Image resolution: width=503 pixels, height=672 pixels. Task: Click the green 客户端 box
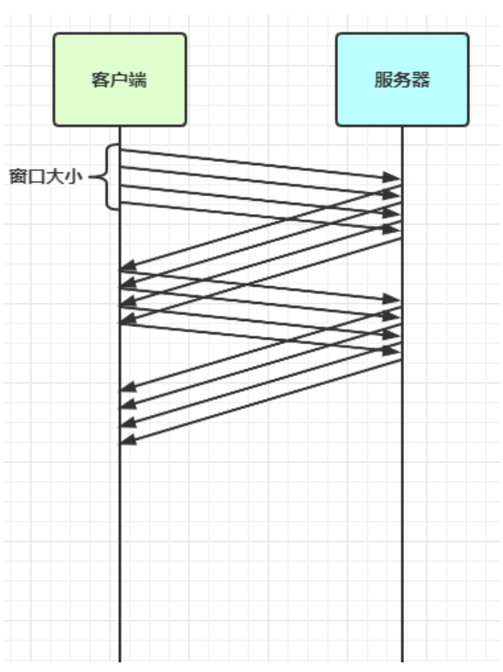[119, 79]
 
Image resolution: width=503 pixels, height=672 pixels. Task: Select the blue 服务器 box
[402, 79]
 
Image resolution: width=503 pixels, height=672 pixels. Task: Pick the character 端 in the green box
[137, 80]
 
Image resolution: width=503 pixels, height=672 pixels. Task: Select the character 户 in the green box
[118, 80]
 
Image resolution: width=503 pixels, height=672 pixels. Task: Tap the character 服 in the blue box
[383, 80]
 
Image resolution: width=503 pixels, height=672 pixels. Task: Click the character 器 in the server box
[421, 80]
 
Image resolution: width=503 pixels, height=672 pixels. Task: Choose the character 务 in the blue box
[402, 80]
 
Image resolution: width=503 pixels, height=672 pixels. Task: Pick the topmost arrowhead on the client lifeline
[129, 265]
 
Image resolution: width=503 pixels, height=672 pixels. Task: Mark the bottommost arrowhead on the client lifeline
[129, 440]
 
